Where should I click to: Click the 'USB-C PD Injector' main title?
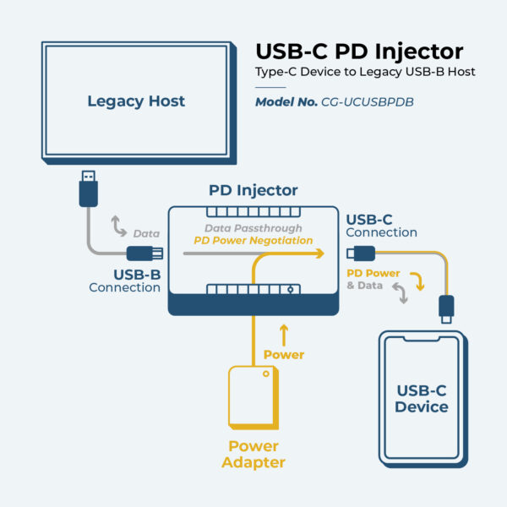[x=359, y=50]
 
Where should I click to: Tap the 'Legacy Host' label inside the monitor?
[x=136, y=102]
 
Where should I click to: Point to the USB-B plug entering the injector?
[x=143, y=253]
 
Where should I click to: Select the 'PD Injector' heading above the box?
[x=253, y=191]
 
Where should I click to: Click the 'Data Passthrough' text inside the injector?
[x=253, y=228]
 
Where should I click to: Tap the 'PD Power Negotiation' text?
[x=253, y=240]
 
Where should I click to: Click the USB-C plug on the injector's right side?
[x=360, y=252]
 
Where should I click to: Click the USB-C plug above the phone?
[x=446, y=308]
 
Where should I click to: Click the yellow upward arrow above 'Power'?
[x=284, y=333]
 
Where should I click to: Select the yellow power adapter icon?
[x=252, y=397]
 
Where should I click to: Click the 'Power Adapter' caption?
[x=253, y=454]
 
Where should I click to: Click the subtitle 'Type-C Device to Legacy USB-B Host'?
[x=366, y=72]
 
